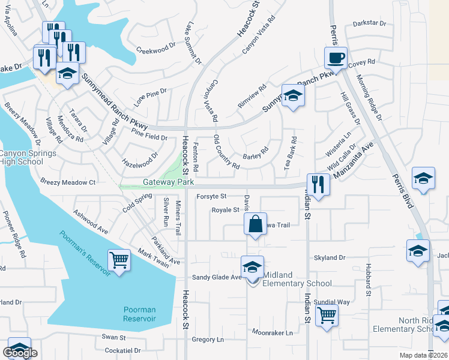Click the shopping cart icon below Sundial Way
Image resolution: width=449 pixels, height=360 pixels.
pos(327,314)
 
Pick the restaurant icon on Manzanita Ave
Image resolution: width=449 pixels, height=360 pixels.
pos(317,184)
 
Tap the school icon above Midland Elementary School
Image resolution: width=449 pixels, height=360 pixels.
pos(252,266)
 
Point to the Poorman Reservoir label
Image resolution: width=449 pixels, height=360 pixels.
pos(139,314)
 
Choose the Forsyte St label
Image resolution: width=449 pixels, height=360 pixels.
pos(211,196)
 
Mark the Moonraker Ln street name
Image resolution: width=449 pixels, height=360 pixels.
pos(272,332)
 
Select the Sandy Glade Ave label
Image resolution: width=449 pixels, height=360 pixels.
pos(216,277)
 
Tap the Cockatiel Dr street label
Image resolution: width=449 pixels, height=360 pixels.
pos(122,350)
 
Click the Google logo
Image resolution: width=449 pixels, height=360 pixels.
pos(20,352)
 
